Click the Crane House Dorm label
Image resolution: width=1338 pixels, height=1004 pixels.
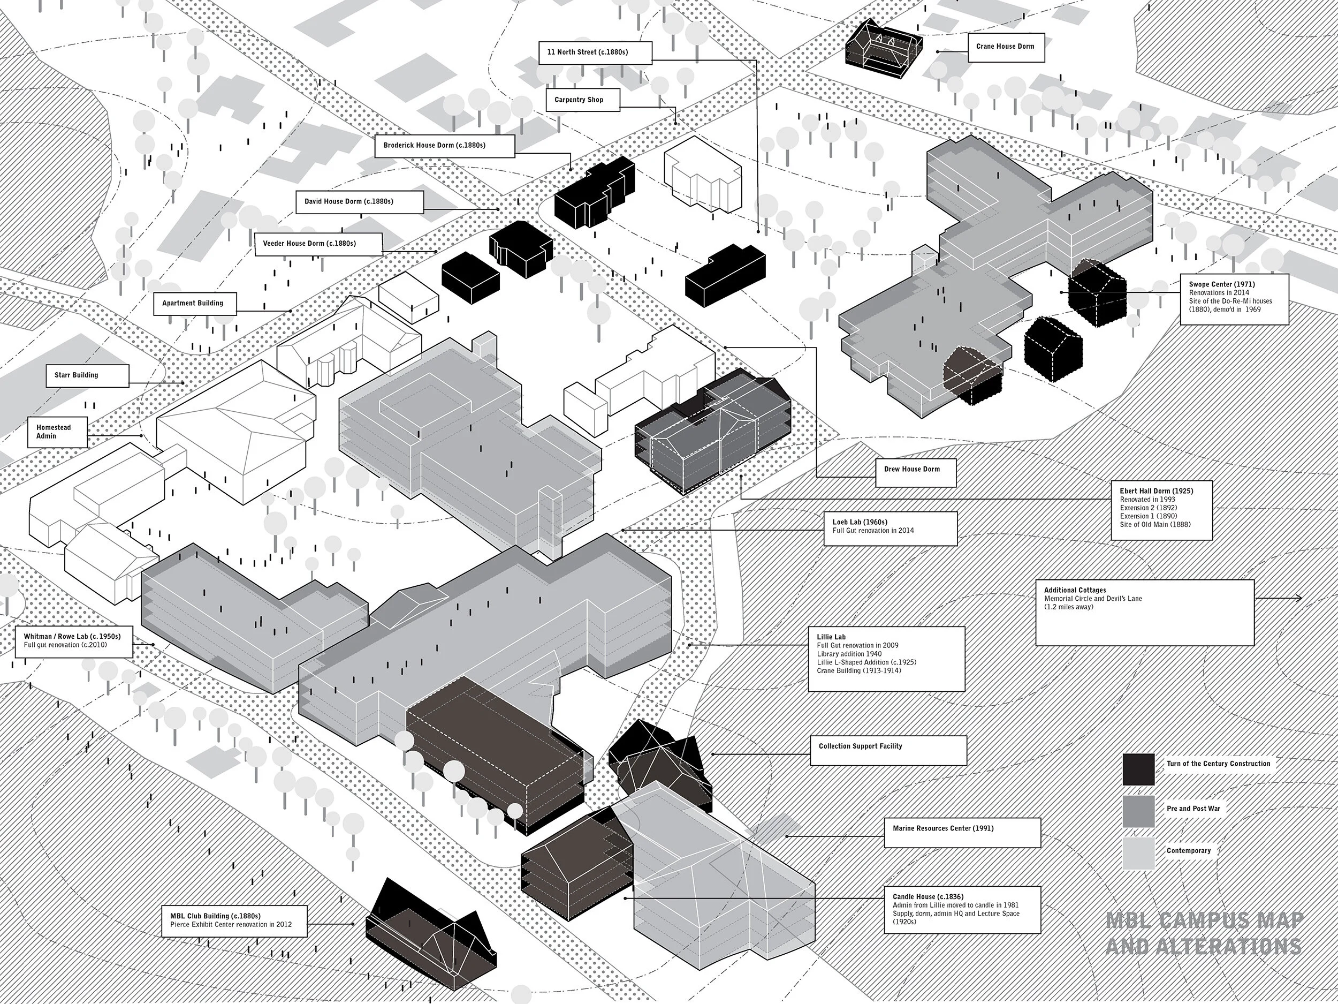click(1005, 47)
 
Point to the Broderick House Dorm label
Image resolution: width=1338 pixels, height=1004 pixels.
click(444, 146)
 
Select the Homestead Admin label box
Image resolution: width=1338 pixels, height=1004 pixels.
click(57, 432)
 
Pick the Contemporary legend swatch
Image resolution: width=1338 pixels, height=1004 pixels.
click(1138, 854)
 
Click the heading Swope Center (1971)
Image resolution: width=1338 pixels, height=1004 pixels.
click(1221, 284)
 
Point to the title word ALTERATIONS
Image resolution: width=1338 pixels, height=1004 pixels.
click(1203, 946)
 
